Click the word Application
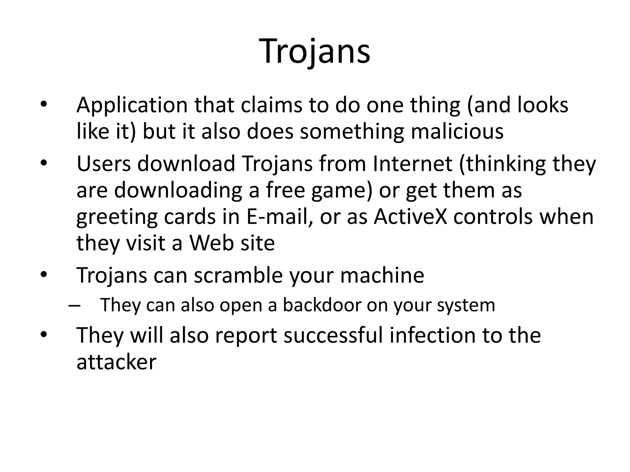(x=132, y=105)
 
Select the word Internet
(x=412, y=163)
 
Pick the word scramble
(x=238, y=275)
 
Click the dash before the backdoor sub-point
(x=74, y=305)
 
